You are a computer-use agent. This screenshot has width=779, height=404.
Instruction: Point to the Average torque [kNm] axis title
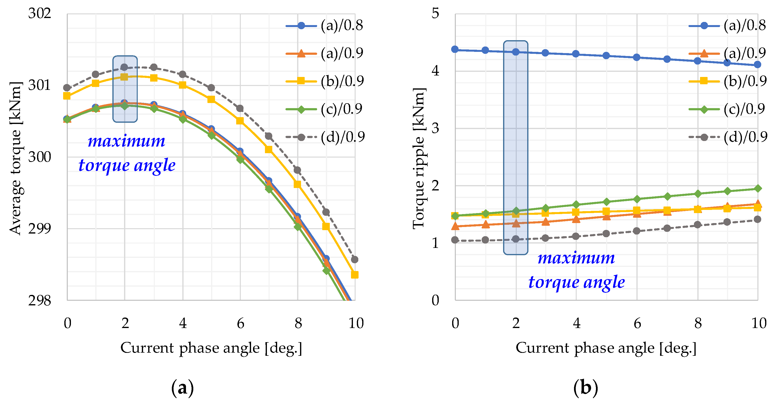[15, 158]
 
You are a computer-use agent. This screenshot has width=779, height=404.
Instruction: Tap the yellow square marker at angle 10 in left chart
[355, 275]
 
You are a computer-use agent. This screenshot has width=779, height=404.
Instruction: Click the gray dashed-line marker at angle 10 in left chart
[355, 259]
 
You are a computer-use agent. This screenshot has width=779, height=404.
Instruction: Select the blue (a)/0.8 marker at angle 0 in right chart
[455, 49]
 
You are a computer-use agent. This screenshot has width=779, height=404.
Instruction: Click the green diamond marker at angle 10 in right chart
[758, 188]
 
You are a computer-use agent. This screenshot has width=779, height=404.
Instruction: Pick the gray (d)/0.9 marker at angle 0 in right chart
[455, 240]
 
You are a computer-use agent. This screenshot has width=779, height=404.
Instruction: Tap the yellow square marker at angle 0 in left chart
[67, 96]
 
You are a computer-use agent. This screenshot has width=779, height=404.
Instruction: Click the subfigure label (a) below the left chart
[182, 388]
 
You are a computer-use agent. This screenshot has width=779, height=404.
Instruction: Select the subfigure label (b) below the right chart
[586, 388]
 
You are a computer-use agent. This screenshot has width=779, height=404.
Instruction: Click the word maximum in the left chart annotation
[127, 141]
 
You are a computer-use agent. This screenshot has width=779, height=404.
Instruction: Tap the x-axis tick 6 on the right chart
[637, 324]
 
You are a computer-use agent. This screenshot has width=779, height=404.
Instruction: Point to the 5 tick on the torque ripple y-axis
[435, 14]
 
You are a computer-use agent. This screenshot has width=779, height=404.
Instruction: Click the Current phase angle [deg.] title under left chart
[211, 348]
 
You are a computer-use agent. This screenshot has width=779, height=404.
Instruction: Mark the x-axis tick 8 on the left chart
[298, 324]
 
